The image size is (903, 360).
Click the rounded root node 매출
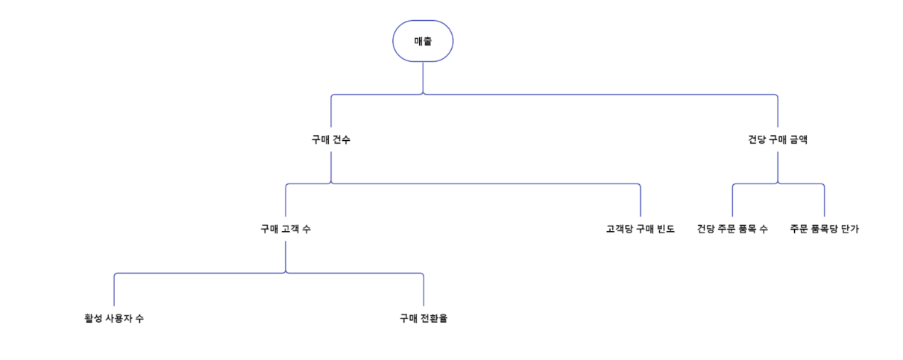[423, 41]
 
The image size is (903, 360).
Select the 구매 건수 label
[331, 139]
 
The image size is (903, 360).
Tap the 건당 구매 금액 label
[777, 139]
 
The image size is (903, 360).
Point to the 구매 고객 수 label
[286, 229]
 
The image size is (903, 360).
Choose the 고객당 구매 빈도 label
[640, 229]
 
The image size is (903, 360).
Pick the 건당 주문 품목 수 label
[732, 229]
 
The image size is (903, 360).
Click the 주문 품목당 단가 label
[824, 229]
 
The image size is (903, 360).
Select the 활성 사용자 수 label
[114, 318]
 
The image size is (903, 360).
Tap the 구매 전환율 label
[424, 318]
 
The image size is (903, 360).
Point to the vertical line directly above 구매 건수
[331, 112]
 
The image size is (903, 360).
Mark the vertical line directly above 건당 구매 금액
[777, 112]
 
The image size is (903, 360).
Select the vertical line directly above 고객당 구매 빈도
[640, 201]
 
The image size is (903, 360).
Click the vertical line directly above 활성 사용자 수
[114, 291]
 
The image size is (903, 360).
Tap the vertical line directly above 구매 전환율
[424, 291]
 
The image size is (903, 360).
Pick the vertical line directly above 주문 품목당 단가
[824, 201]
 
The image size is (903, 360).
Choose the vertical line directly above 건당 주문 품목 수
[732, 201]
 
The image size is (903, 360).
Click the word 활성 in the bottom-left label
[92, 318]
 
